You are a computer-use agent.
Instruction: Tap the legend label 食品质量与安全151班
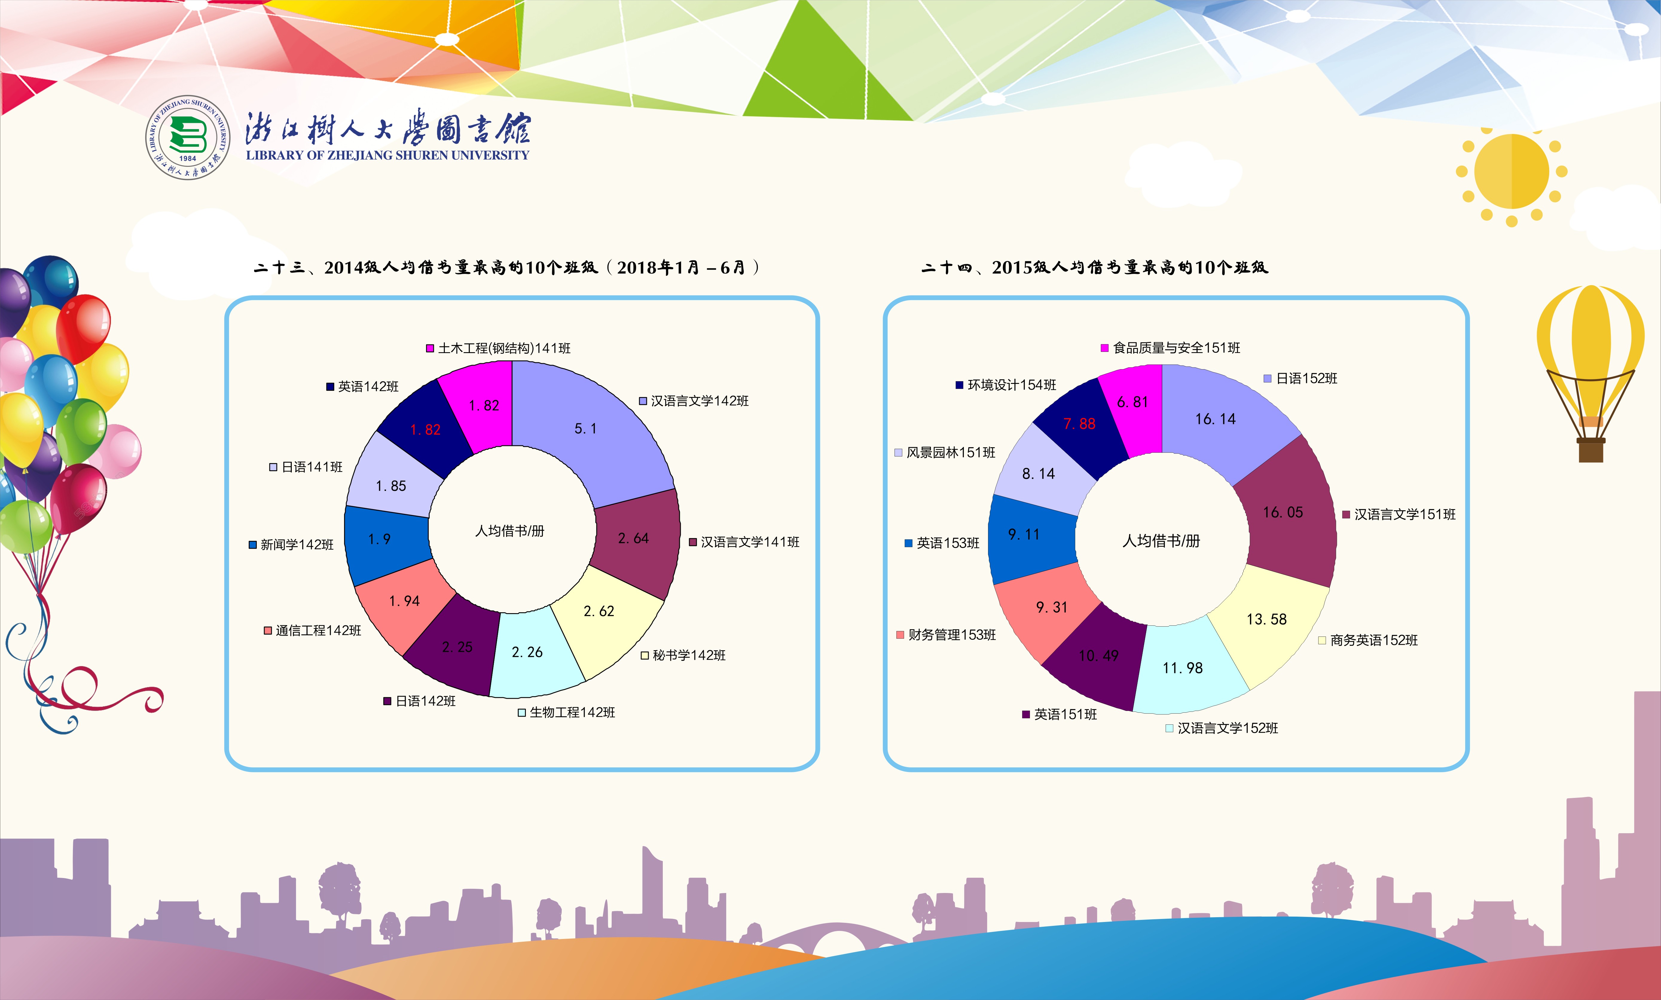tap(1176, 348)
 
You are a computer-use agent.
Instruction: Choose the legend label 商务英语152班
tap(1374, 640)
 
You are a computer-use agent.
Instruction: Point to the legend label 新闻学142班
tap(297, 544)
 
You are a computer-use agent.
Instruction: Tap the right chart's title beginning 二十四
tap(1094, 268)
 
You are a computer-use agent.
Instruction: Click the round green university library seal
tap(188, 138)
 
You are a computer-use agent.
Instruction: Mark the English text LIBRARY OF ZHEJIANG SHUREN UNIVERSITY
tap(387, 155)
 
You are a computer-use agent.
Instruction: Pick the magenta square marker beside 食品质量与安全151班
tap(1104, 348)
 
